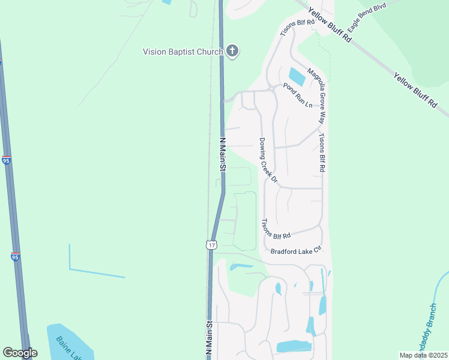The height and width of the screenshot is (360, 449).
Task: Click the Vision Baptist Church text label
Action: point(182,52)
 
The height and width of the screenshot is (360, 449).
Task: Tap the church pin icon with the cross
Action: point(232,52)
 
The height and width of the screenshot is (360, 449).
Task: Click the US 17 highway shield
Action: point(211,244)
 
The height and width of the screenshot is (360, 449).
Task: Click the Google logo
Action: point(20,353)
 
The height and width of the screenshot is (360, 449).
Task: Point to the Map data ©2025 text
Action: point(423,355)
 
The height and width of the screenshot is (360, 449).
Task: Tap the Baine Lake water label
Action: point(69,347)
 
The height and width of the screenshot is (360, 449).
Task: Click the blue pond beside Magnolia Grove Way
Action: point(297,77)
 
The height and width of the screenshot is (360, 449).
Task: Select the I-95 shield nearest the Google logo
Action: point(16,257)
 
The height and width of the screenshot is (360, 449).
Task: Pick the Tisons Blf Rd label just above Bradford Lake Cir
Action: point(275,228)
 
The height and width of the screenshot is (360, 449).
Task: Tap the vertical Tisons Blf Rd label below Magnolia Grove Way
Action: point(321,152)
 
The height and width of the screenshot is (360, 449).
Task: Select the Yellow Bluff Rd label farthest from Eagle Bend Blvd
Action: point(415,91)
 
